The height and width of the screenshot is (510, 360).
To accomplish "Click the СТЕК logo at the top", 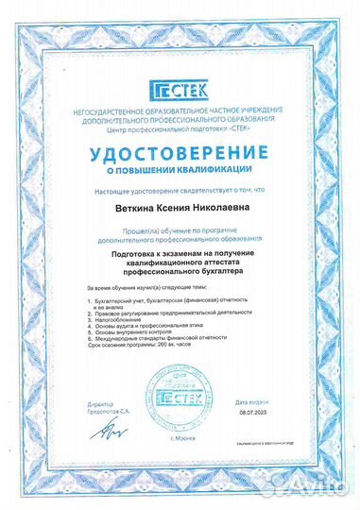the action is coord(180,90).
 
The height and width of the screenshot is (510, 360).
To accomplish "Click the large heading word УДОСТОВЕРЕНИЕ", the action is coord(180,153).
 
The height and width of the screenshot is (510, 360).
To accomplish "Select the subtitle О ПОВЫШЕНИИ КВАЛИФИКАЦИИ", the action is coord(180,170).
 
